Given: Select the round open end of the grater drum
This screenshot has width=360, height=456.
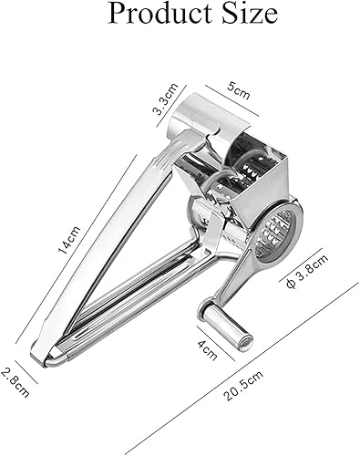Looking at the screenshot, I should click(283, 234).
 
